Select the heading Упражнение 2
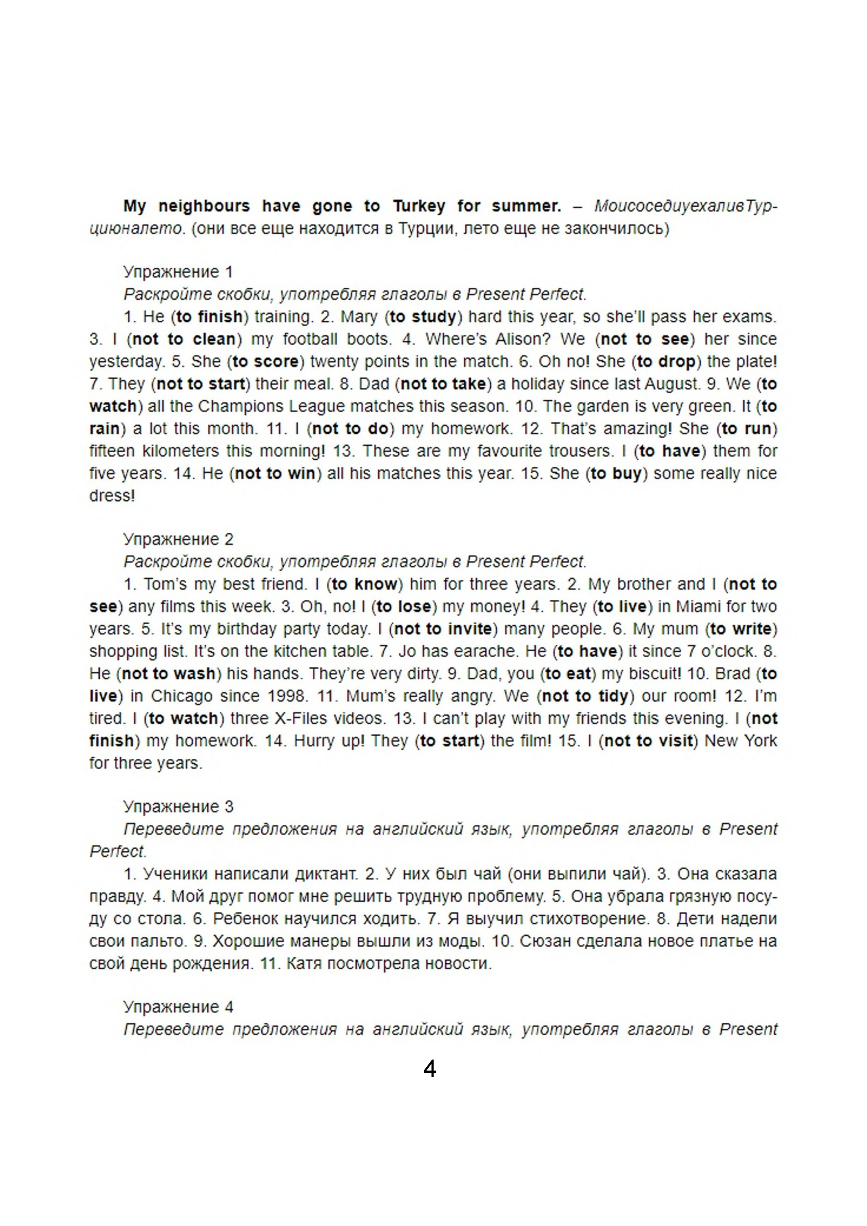click(178, 539)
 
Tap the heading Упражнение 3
click(178, 806)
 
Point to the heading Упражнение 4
click(178, 1007)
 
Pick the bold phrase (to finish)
click(210, 317)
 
